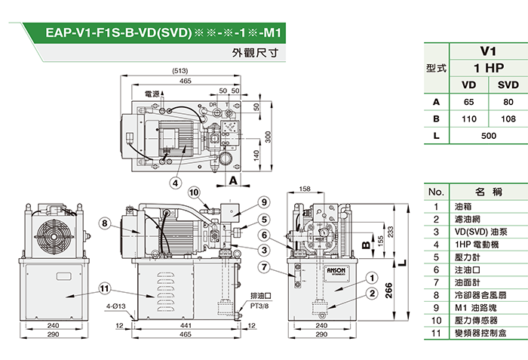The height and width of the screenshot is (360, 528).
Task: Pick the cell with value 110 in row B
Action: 468,118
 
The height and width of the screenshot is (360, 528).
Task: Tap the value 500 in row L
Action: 488,136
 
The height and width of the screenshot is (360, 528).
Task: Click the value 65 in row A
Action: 468,101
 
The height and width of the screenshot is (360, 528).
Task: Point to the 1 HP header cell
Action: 488,68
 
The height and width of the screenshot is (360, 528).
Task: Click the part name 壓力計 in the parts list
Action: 465,257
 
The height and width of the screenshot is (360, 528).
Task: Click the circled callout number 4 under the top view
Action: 174,182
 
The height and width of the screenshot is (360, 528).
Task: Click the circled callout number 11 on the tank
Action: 105,287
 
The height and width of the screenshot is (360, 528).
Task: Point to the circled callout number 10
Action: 194,193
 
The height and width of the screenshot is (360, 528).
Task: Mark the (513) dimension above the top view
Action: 180,70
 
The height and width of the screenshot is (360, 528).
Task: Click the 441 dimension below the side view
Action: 186,325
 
